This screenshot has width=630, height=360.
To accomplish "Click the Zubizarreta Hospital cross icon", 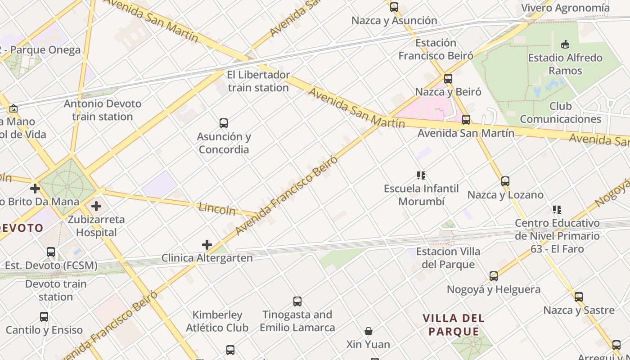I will [96, 207].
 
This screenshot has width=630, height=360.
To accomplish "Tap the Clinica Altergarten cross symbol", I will [207, 245].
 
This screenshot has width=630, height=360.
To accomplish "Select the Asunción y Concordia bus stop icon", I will [223, 123].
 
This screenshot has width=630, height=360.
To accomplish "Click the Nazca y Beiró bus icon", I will [448, 78].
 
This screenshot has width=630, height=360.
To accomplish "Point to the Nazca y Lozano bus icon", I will [505, 181].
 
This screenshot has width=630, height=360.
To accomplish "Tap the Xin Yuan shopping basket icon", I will [368, 331].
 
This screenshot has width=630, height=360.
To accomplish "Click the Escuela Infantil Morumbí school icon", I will [421, 175].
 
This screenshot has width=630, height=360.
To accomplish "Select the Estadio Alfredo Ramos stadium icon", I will [565, 44].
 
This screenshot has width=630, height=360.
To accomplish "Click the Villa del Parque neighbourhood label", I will [454, 325].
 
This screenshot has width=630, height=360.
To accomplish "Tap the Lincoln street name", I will [217, 208].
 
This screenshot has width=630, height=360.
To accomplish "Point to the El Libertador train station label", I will [258, 81].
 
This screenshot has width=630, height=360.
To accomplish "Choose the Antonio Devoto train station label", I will [103, 110].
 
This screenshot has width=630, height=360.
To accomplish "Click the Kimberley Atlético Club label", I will [217, 321].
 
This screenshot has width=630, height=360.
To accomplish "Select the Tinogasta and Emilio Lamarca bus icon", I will [297, 301].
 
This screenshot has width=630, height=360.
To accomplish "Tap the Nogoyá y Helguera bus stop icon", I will [494, 276].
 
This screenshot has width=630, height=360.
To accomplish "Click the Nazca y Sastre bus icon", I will [579, 297].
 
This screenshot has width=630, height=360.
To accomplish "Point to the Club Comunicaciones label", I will [560, 112].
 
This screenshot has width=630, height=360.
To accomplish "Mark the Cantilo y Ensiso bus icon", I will [44, 317].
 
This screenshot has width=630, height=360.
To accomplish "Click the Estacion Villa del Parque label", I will [448, 258].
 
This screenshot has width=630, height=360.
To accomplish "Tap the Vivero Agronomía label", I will [565, 8].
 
